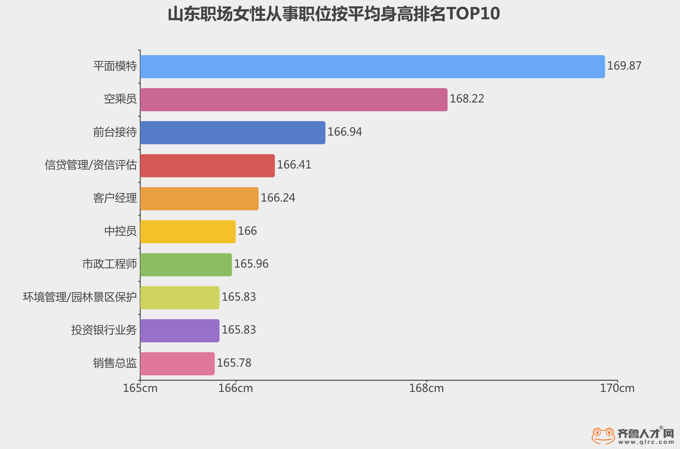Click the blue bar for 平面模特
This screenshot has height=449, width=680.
[372, 67]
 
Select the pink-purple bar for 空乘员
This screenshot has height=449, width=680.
[293, 100]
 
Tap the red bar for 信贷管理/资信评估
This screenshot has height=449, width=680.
[207, 166]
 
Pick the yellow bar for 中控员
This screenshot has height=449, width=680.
[188, 232]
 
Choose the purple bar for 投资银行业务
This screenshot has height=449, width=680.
[180, 331]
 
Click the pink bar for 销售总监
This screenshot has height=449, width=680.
[177, 364]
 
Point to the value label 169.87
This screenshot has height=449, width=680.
[624, 66]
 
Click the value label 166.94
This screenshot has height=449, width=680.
[345, 132]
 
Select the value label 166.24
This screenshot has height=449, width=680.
[278, 198]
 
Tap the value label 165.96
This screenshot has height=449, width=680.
[251, 264]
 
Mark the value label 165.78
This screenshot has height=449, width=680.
[234, 363]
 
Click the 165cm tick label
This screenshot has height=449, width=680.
[140, 388]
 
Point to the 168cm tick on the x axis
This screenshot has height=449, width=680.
[426, 388]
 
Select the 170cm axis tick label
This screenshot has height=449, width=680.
[617, 388]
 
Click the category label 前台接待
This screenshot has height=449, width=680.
[115, 132]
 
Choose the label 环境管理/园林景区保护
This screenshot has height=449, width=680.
[79, 297]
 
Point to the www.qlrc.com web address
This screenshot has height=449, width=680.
[646, 442]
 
